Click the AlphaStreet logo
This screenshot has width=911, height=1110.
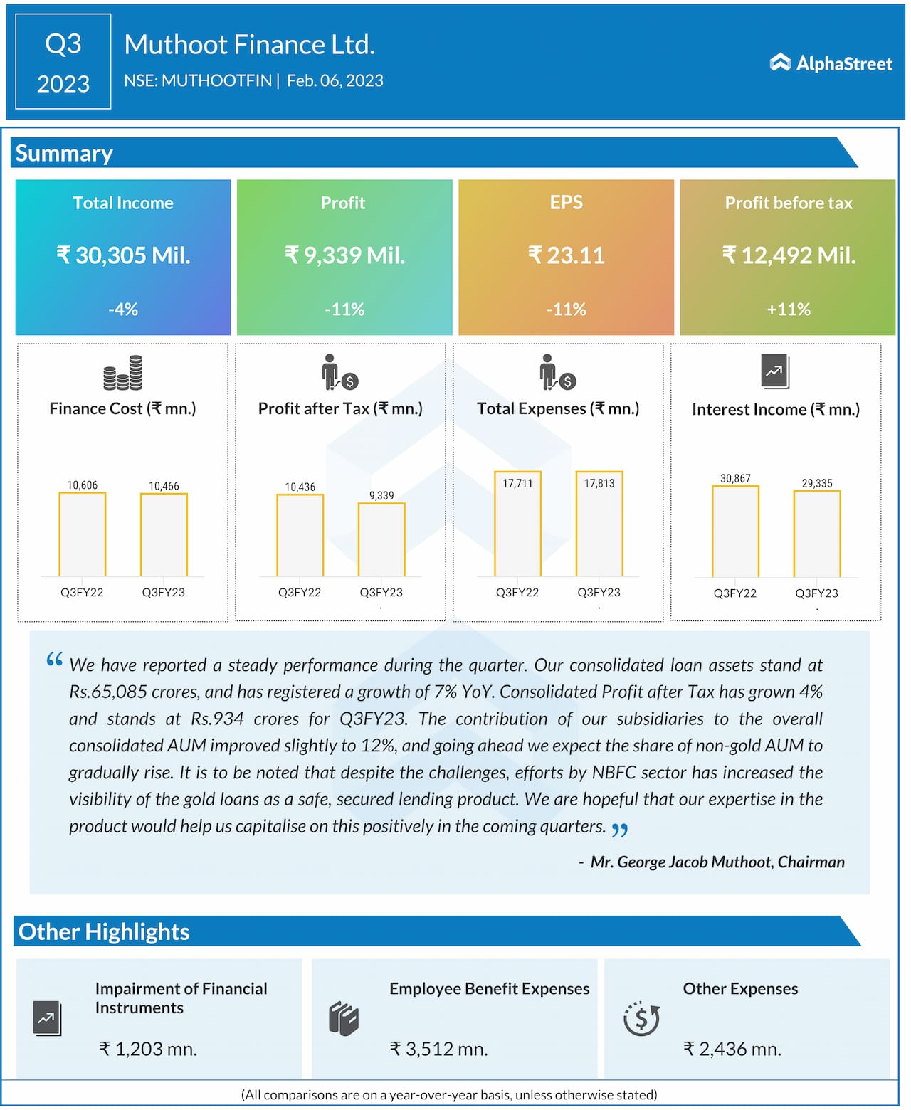coord(831,63)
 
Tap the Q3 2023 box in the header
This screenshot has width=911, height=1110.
coord(63,62)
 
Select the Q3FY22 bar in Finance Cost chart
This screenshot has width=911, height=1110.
coord(83,534)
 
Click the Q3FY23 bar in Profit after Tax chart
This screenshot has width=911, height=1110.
coord(381,539)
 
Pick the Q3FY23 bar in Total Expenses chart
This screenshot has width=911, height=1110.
coord(599,523)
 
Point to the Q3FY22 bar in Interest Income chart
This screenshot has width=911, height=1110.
coord(735,531)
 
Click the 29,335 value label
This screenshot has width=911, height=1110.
coord(817,483)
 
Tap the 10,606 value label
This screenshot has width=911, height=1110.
coord(83,485)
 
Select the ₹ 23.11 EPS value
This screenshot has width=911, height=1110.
coord(566,255)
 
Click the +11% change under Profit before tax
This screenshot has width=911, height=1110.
coord(789,310)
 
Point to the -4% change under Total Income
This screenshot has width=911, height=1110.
coord(123,310)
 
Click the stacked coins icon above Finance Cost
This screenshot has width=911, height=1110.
coord(122,373)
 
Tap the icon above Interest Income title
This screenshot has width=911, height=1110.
coord(775,371)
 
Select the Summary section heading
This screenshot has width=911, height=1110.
coord(64,154)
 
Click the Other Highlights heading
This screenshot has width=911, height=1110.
coord(104,931)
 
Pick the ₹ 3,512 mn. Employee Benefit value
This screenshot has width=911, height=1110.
coord(438,1049)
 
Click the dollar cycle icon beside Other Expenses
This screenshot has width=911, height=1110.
coord(641,1018)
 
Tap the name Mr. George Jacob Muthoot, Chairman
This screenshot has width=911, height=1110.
coord(717,862)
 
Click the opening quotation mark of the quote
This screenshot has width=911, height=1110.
coord(55,660)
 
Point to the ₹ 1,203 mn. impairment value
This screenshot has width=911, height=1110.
coord(148,1049)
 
